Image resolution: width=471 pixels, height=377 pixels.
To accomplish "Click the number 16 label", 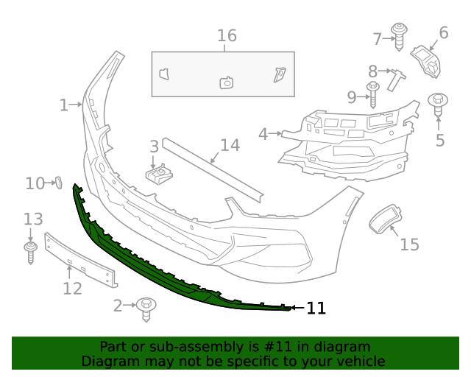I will click(x=227, y=35).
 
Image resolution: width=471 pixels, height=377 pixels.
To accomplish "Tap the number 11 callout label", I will click(x=316, y=309).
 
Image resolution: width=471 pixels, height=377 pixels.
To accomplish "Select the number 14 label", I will click(x=230, y=145).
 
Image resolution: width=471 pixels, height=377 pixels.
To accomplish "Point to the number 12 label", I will click(x=72, y=288).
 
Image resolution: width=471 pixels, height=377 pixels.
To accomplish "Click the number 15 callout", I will click(x=409, y=244).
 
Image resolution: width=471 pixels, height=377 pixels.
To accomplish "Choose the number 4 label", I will click(x=263, y=134).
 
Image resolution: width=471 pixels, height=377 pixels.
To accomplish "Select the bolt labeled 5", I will click(x=439, y=104).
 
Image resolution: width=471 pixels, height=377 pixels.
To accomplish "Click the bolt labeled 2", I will click(x=146, y=308).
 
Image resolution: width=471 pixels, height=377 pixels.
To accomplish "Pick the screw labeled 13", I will click(x=31, y=250).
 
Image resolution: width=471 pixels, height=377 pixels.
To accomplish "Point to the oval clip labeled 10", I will click(x=57, y=182).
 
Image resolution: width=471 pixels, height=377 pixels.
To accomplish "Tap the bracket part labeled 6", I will click(x=427, y=59).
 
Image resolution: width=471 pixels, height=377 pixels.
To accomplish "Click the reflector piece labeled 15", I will click(x=383, y=219).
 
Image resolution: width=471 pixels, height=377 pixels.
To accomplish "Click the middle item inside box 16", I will click(x=227, y=82).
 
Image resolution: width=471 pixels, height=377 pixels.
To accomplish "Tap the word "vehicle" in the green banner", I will click(x=360, y=361).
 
